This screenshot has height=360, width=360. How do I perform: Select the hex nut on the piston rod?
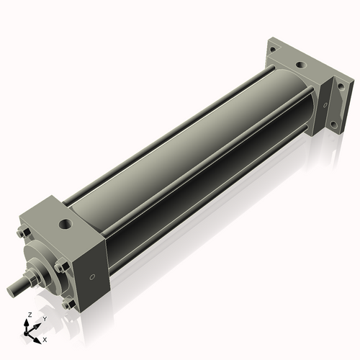[32, 276]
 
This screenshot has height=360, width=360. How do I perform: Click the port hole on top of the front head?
[67, 225]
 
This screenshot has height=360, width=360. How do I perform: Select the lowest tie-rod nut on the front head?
[67, 305]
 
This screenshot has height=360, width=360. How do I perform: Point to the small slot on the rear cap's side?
[326, 106]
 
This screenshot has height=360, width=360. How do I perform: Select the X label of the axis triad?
[45, 338]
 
